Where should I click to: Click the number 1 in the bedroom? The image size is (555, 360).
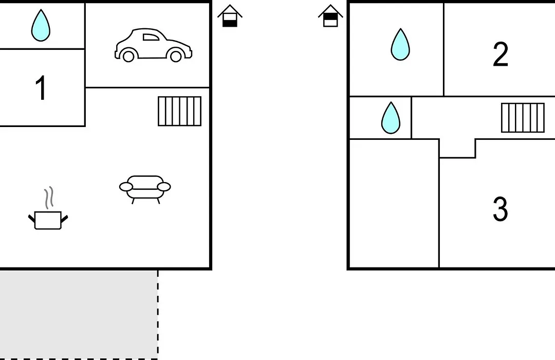(41, 87)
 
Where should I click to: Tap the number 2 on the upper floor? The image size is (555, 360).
(501, 54)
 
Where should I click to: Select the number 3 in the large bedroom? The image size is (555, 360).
(501, 209)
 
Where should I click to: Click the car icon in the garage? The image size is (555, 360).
(153, 45)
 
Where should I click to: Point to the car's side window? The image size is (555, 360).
(151, 37)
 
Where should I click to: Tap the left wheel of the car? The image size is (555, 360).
(128, 56)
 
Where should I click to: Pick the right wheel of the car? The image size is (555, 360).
(176, 56)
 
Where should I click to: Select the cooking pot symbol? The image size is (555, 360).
(48, 220)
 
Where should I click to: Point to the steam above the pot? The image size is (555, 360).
(49, 197)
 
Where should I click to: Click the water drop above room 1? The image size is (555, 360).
(41, 25)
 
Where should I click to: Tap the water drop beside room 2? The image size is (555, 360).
(400, 44)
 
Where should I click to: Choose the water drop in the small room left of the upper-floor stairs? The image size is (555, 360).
(391, 118)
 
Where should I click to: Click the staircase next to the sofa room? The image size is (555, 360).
(179, 111)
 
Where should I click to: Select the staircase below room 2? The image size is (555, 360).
(523, 118)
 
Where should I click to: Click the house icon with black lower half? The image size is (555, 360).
(230, 16)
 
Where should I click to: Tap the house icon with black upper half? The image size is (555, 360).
(330, 16)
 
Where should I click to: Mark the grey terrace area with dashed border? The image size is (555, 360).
(79, 315)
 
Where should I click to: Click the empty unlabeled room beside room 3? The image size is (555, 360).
(394, 203)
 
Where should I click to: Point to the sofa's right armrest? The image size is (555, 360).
(163, 187)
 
